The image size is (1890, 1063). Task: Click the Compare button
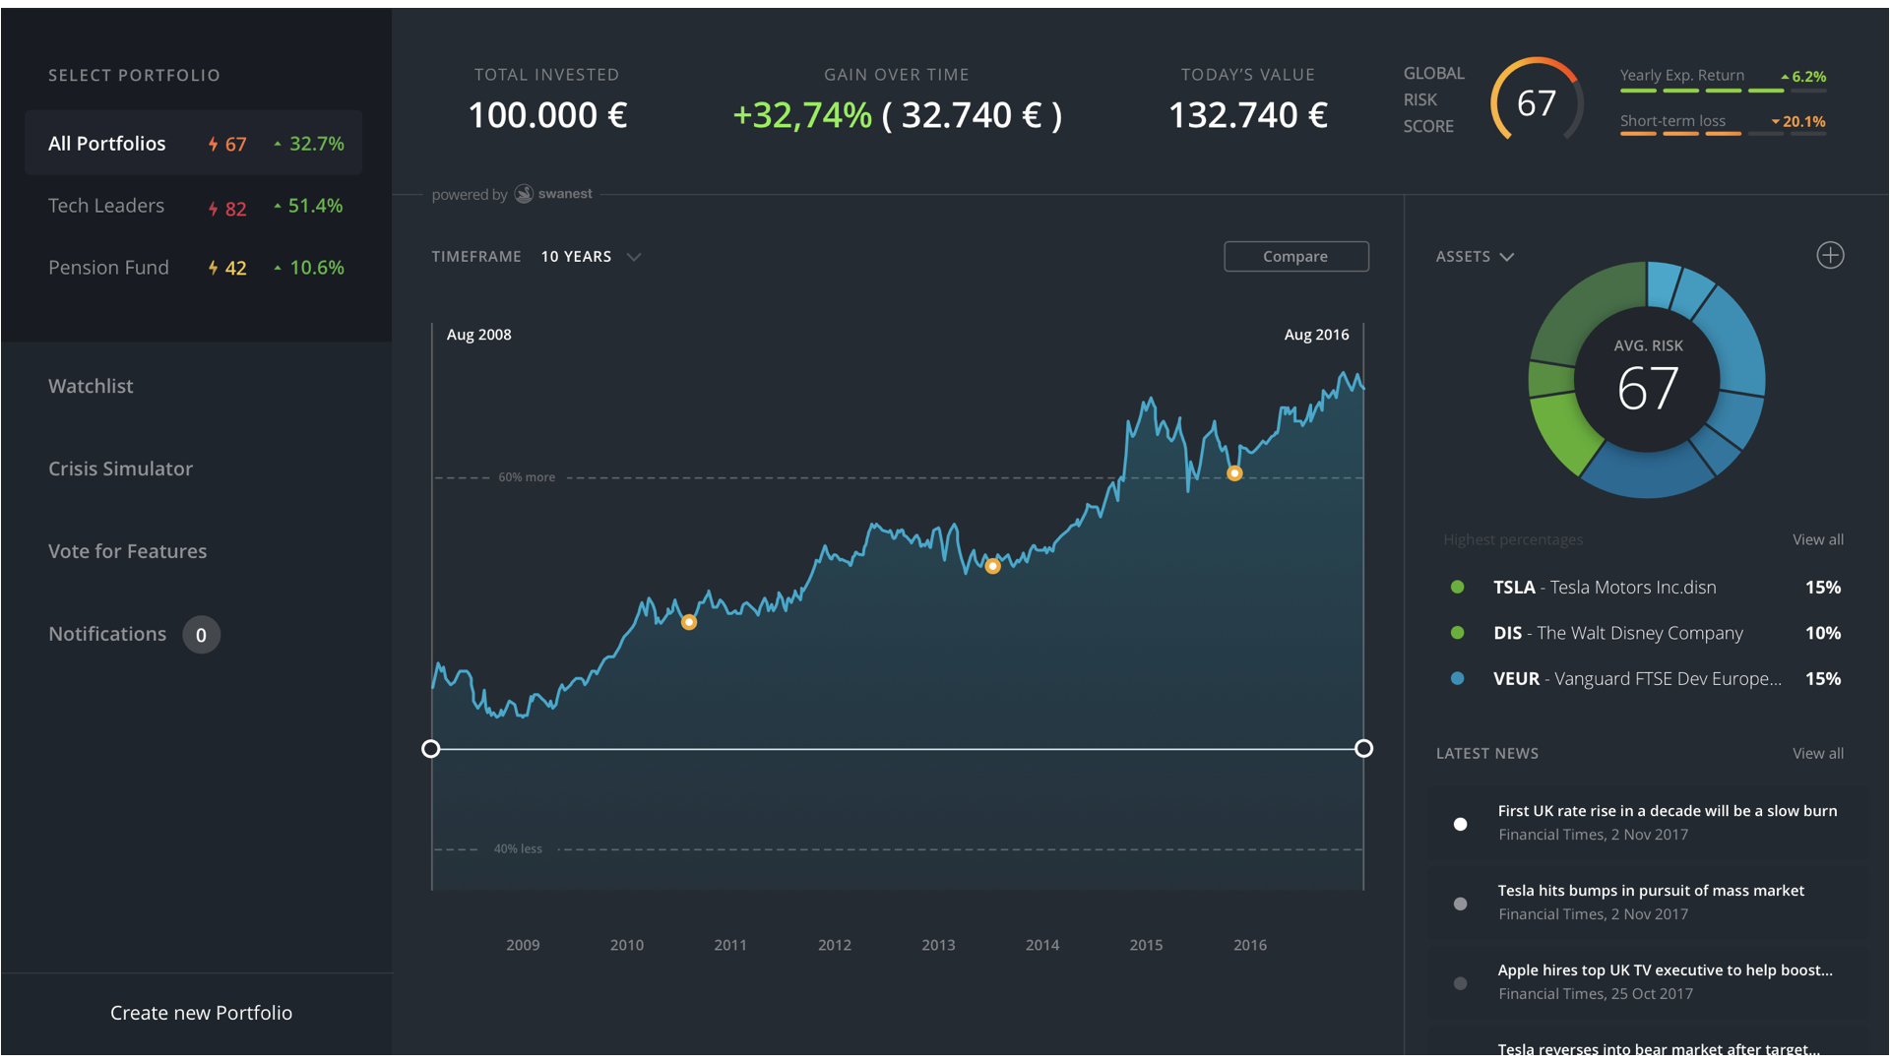pos(1295,256)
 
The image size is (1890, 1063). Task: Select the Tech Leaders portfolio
pos(106,206)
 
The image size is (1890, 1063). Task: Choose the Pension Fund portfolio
pos(108,268)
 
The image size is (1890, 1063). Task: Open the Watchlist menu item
pos(91,386)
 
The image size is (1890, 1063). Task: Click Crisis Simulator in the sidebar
pos(120,469)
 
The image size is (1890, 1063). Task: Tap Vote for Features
pos(127,551)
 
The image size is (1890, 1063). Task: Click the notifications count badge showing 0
pos(201,635)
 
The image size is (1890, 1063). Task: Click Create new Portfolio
pos(201,1013)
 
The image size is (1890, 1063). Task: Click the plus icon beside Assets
pos(1830,256)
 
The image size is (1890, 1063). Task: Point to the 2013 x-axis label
pos(938,945)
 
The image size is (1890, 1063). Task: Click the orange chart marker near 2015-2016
pos(1234,473)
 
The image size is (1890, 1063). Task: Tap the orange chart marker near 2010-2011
pos(689,622)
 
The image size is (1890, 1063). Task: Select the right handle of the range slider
pos(1363,749)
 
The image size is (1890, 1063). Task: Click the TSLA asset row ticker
pos(1514,588)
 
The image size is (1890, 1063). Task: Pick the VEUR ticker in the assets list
pos(1516,679)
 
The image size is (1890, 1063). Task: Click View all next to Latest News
pos(1817,753)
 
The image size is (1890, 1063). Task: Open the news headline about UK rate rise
pos(1667,811)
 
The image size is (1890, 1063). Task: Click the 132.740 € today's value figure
pos(1247,115)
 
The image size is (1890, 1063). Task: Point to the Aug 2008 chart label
pos(478,335)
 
